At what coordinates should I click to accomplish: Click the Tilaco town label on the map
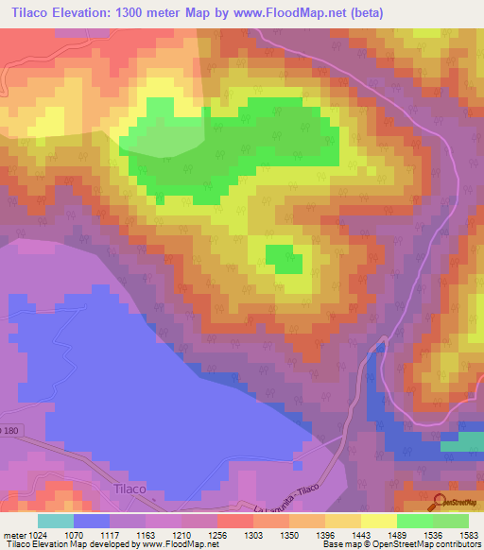130,489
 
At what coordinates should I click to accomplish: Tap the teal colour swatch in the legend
56,521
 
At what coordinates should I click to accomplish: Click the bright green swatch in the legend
415,521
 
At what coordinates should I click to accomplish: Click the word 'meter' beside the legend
14,534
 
